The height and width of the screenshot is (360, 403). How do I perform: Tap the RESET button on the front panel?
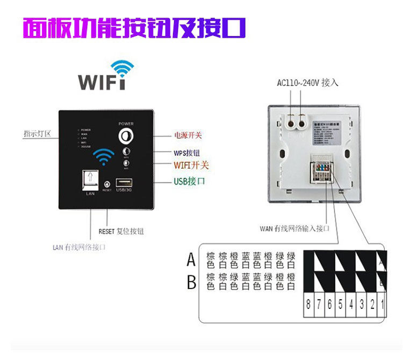[x=106, y=184]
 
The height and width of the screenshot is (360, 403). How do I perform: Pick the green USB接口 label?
[x=189, y=182]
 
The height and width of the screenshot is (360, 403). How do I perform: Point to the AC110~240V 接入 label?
[x=308, y=83]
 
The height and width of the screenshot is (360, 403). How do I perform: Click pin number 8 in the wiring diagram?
[x=308, y=305]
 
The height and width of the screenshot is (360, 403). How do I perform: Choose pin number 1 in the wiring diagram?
[x=383, y=305]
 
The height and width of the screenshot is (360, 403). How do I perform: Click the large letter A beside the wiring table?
[x=191, y=261]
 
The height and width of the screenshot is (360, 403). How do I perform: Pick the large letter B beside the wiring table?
[x=191, y=282]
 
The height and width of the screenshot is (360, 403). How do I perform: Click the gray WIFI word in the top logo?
[x=102, y=82]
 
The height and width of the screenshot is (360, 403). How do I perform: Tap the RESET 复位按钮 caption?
[x=121, y=231]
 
